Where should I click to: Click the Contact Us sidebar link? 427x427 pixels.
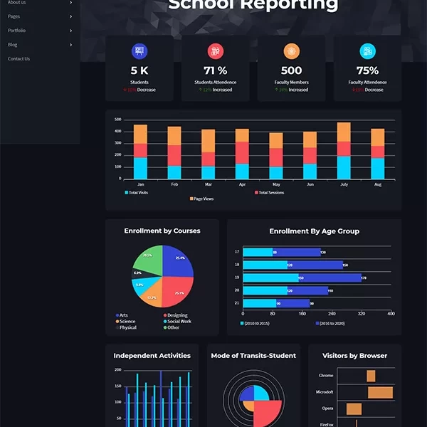tap(19, 59)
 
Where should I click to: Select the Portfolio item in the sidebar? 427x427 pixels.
tap(16, 31)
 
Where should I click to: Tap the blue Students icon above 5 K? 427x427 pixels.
tap(139, 51)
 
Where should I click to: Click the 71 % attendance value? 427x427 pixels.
tap(215, 70)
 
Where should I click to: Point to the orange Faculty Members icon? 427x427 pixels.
tap(291, 51)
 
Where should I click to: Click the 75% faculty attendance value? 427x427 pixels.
tap(367, 70)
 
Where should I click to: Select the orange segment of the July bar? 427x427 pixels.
tap(344, 132)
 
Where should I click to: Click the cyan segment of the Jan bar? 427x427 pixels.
tap(140, 168)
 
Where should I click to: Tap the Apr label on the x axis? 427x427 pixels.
tap(242, 184)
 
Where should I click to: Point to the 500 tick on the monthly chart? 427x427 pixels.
tap(117, 120)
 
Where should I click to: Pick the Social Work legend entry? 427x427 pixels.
tap(178, 321)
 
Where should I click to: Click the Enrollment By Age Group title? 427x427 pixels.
tap(314, 231)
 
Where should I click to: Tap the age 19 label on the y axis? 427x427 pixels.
tap(237, 278)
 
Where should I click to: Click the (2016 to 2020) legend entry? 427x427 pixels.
tap(330, 323)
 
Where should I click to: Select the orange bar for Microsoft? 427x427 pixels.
tap(380, 392)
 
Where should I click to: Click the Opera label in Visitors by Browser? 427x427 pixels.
tap(327, 408)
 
